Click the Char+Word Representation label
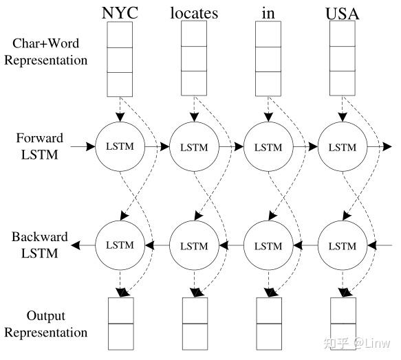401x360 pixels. (x=46, y=52)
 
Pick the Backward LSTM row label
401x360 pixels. (x=40, y=245)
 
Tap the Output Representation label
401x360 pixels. (x=46, y=324)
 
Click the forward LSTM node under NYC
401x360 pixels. (x=120, y=147)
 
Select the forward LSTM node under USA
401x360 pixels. (x=343, y=147)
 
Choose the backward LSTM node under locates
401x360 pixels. (x=194, y=245)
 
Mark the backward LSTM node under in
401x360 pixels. (x=268, y=245)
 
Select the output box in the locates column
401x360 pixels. (x=194, y=324)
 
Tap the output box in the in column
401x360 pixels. (x=268, y=324)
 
